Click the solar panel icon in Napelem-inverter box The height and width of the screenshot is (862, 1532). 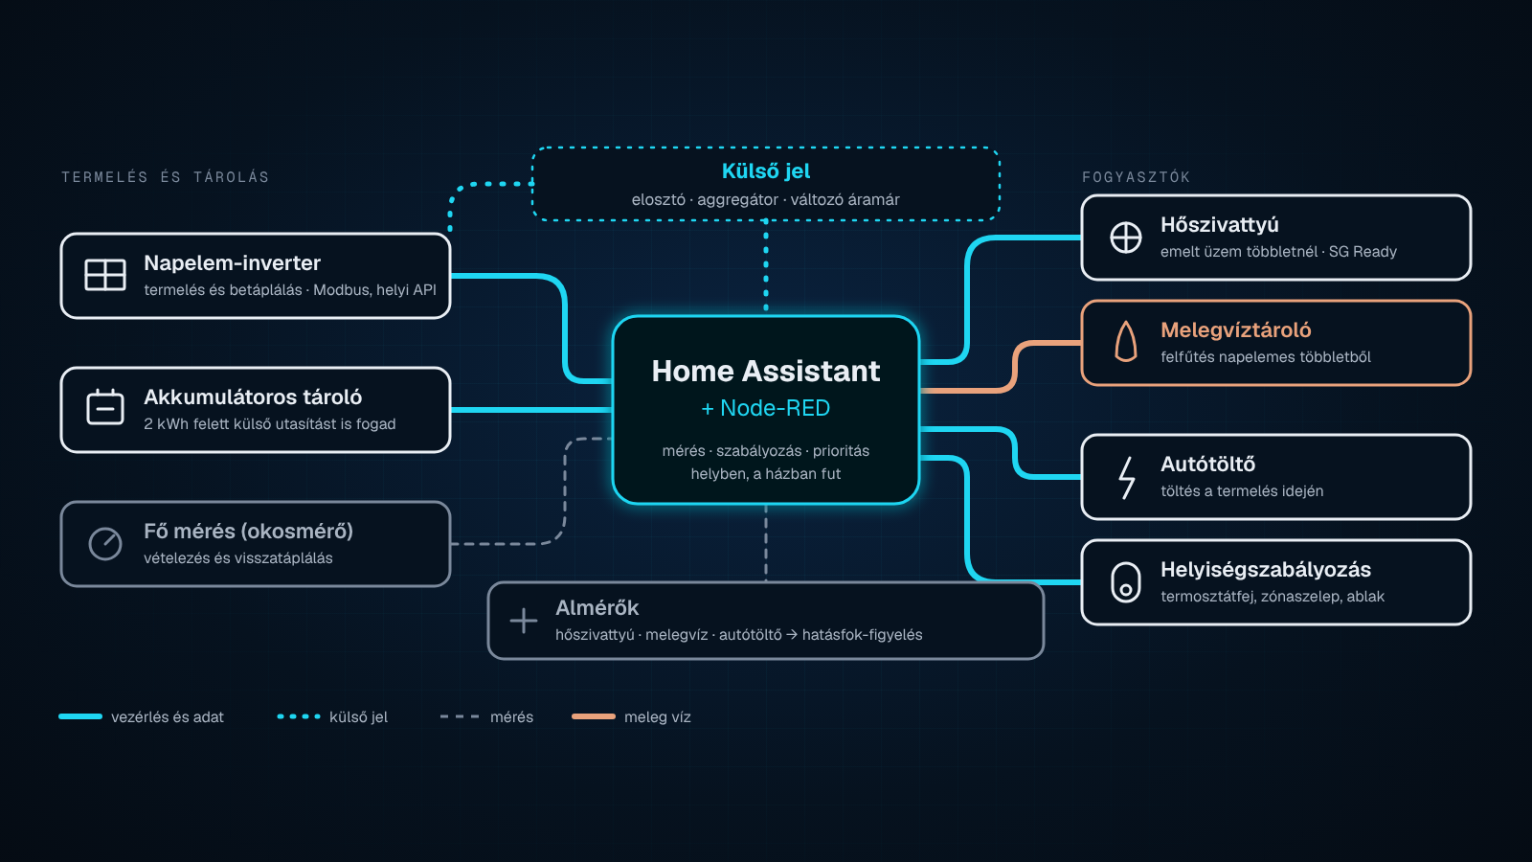[x=104, y=275]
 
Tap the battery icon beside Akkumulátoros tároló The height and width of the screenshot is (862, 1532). [x=104, y=408]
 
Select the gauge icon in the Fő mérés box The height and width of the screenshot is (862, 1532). [x=104, y=544]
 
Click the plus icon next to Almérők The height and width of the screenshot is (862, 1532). [x=523, y=621]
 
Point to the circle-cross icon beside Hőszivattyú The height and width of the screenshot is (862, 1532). [x=1125, y=238]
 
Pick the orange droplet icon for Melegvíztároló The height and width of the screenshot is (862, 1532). [x=1125, y=341]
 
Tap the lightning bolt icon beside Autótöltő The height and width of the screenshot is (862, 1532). [x=1126, y=478]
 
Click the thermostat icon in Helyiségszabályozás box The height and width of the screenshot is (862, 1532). [x=1125, y=582]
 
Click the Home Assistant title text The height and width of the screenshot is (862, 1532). [x=765, y=371]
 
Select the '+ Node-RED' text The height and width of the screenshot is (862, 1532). [x=765, y=408]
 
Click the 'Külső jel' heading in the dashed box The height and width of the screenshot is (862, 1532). [x=765, y=171]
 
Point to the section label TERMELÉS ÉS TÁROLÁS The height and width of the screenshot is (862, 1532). [x=165, y=177]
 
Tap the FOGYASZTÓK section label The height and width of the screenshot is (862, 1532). [x=1136, y=177]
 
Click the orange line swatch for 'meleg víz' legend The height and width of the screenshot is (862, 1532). [x=593, y=716]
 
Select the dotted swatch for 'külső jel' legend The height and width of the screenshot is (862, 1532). [x=298, y=716]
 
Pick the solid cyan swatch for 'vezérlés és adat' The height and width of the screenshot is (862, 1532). [x=80, y=716]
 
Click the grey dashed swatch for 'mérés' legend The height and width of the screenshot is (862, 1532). [x=460, y=716]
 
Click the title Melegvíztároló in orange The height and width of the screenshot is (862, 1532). [x=1235, y=329]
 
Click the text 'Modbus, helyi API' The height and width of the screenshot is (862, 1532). [x=374, y=290]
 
